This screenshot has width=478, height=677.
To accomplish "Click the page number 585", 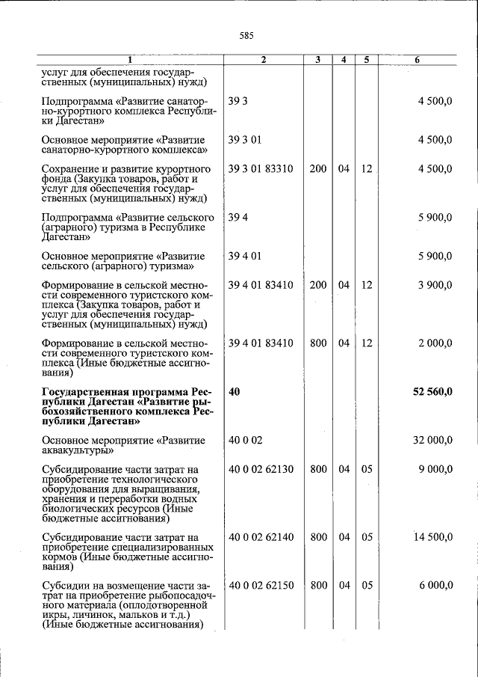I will click(246, 35).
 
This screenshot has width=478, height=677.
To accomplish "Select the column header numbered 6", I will click(418, 60).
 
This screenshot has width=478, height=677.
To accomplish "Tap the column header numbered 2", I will click(264, 60).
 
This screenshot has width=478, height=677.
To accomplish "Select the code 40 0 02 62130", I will click(261, 469).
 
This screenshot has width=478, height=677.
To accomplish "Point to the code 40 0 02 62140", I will click(261, 537).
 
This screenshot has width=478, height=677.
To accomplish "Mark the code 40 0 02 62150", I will click(261, 586).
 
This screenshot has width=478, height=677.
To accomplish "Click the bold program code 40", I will click(235, 391).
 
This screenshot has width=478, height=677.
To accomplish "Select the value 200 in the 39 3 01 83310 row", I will click(318, 169).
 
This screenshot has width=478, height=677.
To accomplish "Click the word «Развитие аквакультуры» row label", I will click(123, 446).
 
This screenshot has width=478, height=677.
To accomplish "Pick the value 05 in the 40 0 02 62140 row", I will click(367, 537).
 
